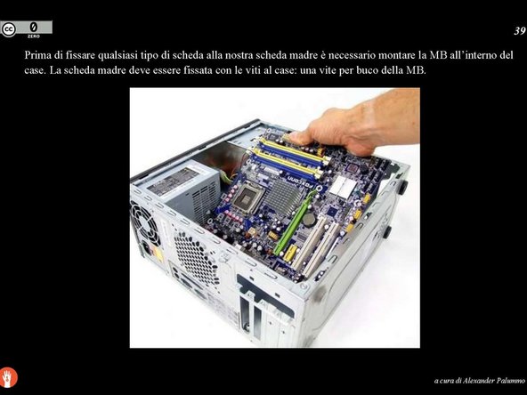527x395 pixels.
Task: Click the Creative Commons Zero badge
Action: coord(27,28)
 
